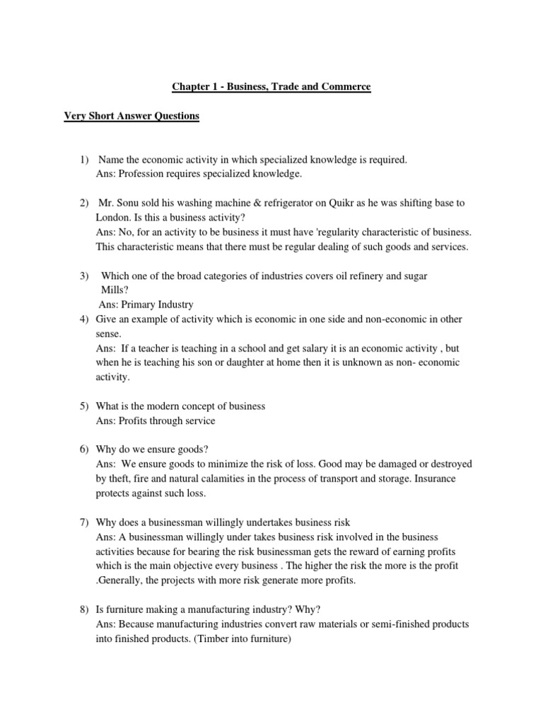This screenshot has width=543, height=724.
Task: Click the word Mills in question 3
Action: point(112,290)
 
